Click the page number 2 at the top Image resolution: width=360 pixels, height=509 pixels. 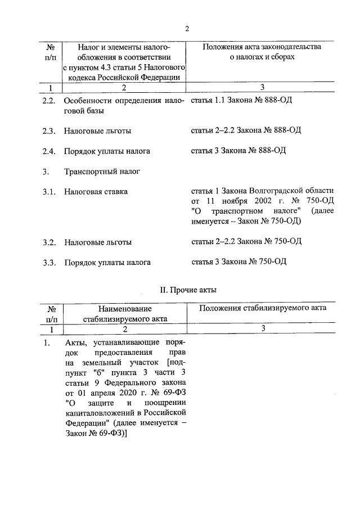point(187,29)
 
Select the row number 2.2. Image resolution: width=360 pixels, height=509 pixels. point(49,101)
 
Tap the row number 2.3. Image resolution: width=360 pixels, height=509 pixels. point(49,131)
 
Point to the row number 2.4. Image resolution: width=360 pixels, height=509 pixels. point(49,151)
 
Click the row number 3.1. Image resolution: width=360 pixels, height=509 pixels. point(49,192)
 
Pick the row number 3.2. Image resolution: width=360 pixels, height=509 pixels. point(49,242)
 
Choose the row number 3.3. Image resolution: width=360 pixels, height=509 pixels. point(49,262)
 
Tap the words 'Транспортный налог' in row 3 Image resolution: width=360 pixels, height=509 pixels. point(102,171)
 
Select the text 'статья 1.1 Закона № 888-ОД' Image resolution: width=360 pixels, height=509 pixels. point(241,101)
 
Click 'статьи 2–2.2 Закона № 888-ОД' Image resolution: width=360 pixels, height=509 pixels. point(246,130)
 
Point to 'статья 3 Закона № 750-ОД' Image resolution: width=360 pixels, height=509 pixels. point(239,262)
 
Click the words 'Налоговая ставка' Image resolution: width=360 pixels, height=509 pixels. point(96,192)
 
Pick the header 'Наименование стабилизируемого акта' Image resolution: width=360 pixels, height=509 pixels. point(125,313)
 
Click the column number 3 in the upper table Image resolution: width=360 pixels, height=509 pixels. point(262,87)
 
